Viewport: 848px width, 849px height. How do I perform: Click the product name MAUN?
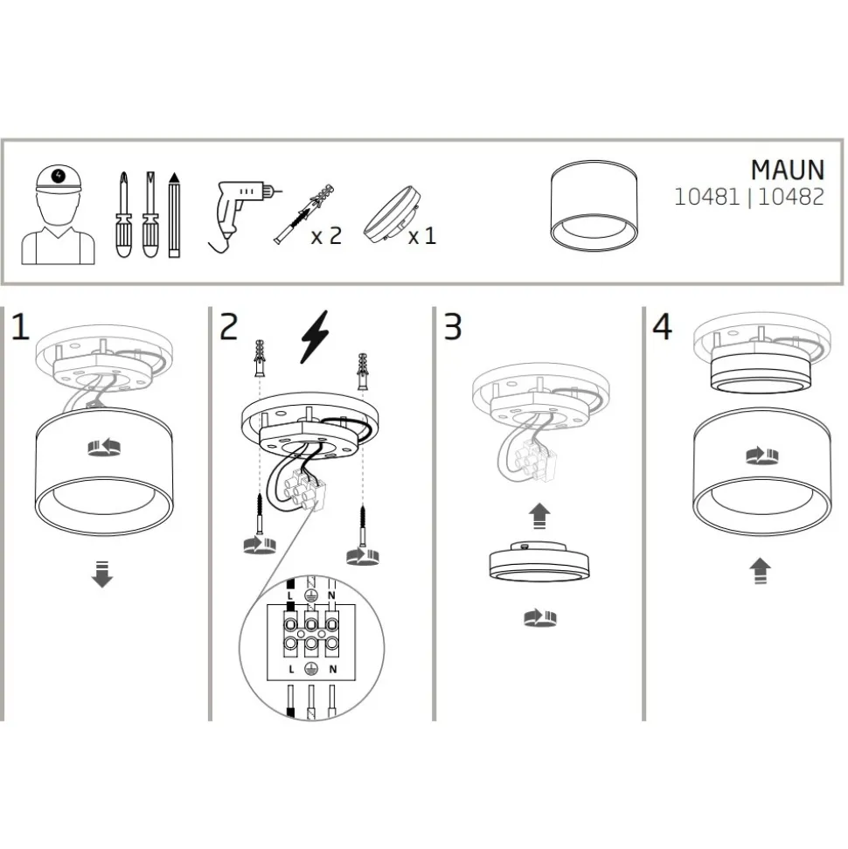[x=788, y=170]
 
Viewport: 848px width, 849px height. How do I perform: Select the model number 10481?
[x=706, y=197]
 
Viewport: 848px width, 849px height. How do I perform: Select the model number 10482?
[x=790, y=197]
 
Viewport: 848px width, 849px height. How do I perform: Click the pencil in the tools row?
[x=174, y=215]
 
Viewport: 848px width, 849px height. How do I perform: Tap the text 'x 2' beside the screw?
[x=326, y=236]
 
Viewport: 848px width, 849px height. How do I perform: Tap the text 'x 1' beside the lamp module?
[x=422, y=236]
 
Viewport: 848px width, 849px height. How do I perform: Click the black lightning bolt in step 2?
[x=315, y=337]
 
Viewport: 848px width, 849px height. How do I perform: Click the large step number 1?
[x=21, y=327]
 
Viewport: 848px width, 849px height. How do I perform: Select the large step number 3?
[x=453, y=327]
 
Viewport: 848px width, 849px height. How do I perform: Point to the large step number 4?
[x=663, y=327]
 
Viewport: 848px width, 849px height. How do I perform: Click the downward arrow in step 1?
[x=101, y=574]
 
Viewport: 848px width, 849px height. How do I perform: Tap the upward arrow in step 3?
[x=539, y=516]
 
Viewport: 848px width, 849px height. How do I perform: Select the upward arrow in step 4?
[x=761, y=571]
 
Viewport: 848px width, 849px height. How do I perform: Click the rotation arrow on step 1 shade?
[x=104, y=448]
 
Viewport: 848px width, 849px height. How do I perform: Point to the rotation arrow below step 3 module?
[x=540, y=618]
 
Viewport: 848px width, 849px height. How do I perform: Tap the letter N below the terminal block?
[x=332, y=669]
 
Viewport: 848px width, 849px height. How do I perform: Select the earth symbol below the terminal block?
[x=310, y=669]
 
